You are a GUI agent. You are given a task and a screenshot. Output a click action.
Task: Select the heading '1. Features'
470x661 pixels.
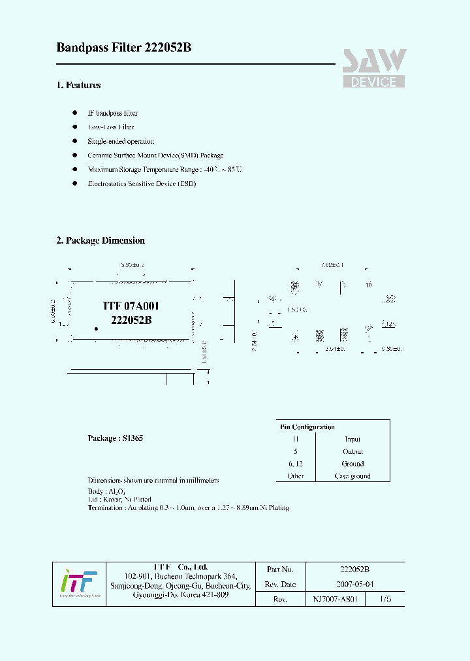(78, 85)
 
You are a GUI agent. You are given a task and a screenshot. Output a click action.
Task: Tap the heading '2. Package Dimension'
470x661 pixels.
(101, 240)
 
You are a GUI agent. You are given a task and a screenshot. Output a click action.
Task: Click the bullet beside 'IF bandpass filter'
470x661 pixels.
(74, 113)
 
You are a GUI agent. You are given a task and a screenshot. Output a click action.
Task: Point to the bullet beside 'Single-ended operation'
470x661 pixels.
(74, 141)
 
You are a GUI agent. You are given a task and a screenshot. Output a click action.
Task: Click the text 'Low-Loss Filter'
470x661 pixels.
(111, 127)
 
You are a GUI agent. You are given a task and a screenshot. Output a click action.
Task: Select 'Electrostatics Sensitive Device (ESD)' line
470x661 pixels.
(142, 184)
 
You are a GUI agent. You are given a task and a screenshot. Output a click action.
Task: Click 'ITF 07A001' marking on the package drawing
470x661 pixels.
(131, 306)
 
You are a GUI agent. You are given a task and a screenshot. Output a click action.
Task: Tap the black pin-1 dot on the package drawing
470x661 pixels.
(96, 329)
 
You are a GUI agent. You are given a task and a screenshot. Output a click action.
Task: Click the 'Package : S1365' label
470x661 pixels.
(116, 438)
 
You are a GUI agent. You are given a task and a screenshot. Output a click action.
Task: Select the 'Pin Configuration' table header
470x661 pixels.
(307, 427)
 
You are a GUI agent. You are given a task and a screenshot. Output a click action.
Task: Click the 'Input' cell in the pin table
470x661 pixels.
(352, 440)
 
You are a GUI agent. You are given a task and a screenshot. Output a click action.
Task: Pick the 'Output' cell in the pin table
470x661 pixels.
(352, 452)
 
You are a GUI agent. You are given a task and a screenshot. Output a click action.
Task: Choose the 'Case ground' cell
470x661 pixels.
(352, 476)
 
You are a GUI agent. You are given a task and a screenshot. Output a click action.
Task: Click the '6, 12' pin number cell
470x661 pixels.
(296, 464)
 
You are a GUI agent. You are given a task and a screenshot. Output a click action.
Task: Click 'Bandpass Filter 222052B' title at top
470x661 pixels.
(124, 48)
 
